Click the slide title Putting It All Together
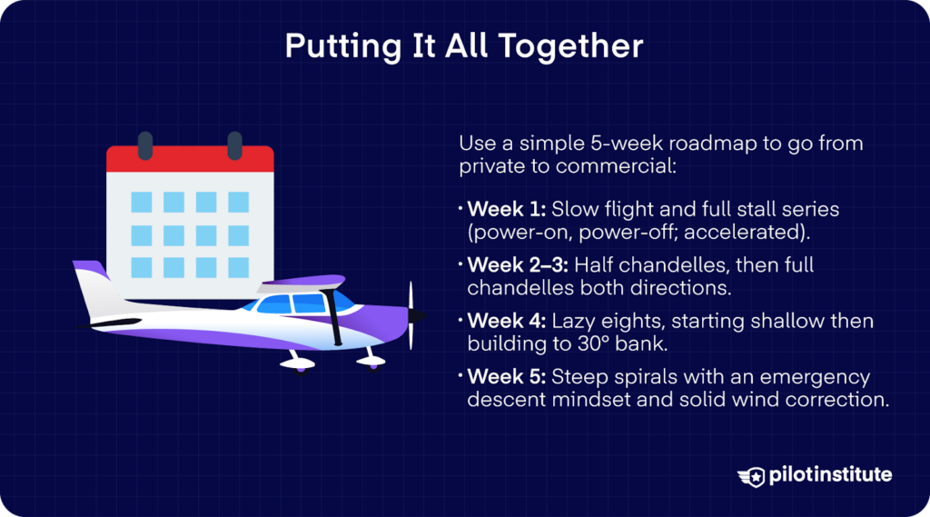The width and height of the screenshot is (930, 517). [464, 46]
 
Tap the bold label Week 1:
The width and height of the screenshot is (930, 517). [505, 210]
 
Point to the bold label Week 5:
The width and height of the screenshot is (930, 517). [506, 378]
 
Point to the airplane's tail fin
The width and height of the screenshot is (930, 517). [91, 286]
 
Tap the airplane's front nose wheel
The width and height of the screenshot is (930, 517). [370, 362]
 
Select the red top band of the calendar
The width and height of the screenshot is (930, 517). [190, 161]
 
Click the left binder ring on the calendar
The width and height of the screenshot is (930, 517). [144, 144]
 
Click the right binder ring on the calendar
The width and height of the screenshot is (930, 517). [234, 144]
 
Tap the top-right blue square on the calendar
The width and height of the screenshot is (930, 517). [238, 202]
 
